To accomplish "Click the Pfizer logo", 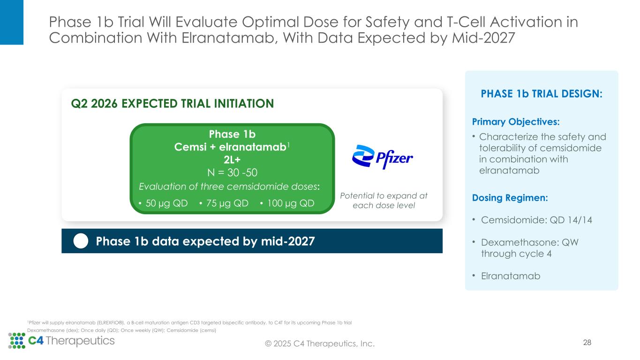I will tap(382, 157).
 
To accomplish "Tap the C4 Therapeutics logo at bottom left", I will tap(61, 341).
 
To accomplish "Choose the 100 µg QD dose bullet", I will tap(286, 203).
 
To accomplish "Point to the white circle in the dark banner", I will tap(81, 241).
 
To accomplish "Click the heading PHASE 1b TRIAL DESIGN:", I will tap(542, 94).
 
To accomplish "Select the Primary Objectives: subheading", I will tap(516, 122).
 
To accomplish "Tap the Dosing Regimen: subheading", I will tap(510, 198).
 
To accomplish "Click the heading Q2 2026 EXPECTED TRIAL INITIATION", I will tap(172, 104).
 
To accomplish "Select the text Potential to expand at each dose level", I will tap(384, 201).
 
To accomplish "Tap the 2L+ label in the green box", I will tap(232, 159).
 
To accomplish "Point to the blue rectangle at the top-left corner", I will tap(11, 22).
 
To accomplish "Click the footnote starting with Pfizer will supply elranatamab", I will tap(189, 322).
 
